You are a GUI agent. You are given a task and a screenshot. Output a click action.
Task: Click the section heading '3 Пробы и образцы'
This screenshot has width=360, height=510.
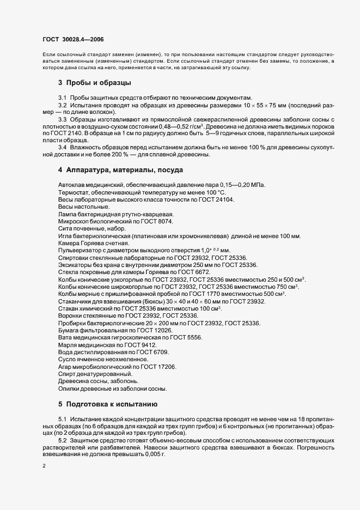point(94,83)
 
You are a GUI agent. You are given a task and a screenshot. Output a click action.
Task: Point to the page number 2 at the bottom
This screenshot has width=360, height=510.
point(44,467)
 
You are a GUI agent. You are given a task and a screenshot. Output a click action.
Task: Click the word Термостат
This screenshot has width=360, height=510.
point(73,193)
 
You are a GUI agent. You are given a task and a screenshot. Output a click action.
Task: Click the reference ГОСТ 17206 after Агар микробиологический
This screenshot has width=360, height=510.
point(161,367)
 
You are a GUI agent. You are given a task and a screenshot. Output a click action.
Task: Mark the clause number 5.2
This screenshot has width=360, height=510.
point(62,439)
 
